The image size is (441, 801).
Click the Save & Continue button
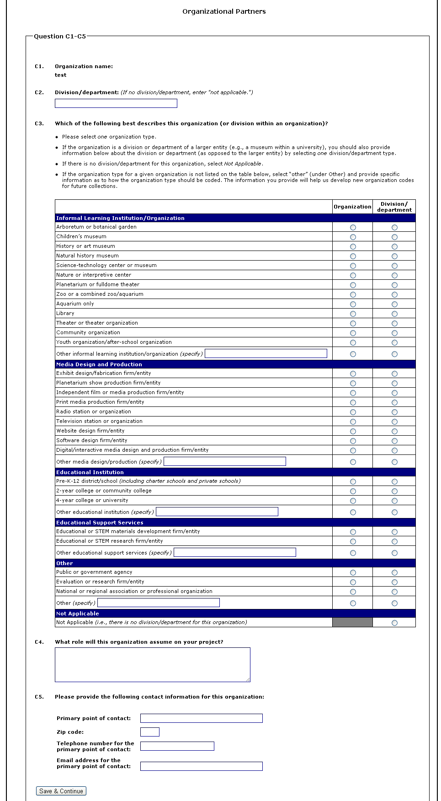[61, 791]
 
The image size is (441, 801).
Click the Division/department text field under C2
[116, 103]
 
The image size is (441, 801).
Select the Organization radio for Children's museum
[353, 237]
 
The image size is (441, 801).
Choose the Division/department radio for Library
[394, 314]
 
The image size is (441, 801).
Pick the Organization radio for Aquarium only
[353, 304]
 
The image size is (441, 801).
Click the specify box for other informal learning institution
[266, 353]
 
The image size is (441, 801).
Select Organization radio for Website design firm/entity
[353, 431]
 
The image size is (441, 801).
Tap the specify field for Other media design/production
[224, 461]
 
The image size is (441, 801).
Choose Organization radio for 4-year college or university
[353, 501]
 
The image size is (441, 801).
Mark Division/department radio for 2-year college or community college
[394, 491]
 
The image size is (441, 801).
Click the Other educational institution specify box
[217, 512]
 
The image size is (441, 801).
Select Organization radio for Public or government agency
[353, 572]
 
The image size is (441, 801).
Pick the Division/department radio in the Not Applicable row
[394, 623]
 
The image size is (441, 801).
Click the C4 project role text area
[152, 664]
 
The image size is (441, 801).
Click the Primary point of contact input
[201, 718]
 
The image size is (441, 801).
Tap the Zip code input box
[149, 732]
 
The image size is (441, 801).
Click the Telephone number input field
[177, 746]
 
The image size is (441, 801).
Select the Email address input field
[201, 766]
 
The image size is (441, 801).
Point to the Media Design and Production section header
[99, 364]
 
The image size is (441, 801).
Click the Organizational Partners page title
[224, 11]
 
